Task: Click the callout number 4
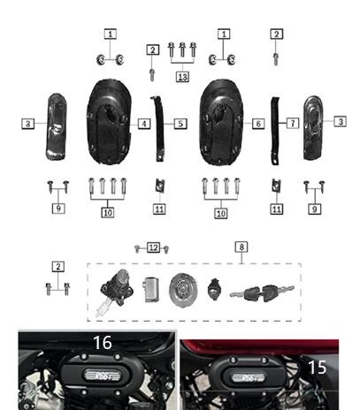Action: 143,125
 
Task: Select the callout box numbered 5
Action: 181,125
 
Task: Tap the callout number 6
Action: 257,125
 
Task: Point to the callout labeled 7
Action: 293,125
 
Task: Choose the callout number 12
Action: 153,247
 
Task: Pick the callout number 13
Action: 182,77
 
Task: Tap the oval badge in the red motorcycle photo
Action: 248,377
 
